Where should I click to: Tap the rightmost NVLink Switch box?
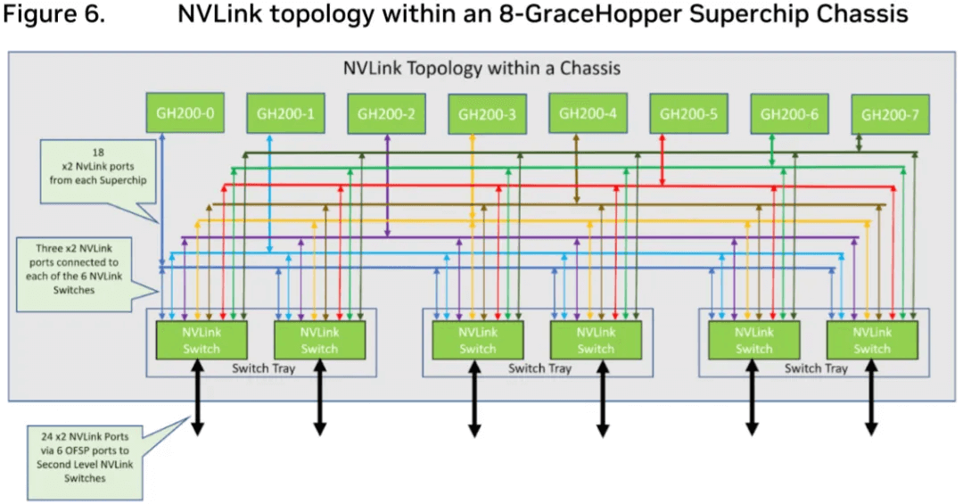pos(871,340)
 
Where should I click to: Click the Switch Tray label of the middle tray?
pos(540,368)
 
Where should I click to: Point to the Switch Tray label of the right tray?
pos(816,368)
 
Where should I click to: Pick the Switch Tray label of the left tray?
pos(264,368)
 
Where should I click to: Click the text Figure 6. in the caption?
pos(55,16)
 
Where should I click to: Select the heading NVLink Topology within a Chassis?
pos(481,68)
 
